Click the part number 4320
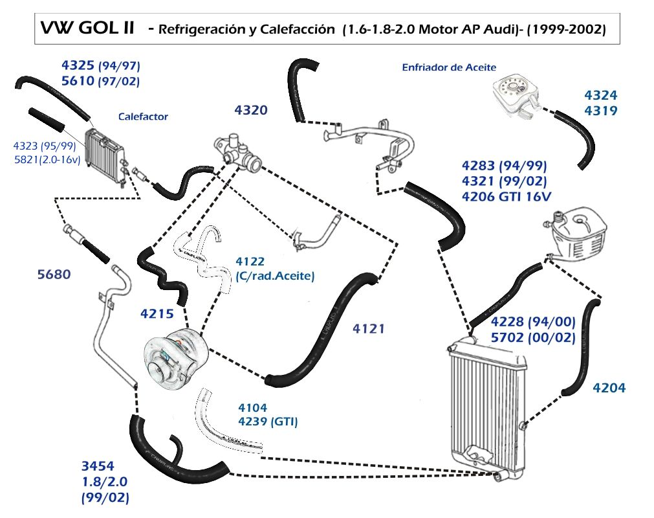[251, 110]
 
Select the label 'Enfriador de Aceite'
[449, 67]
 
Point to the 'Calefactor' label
[143, 117]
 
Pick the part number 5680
[54, 275]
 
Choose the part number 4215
[157, 313]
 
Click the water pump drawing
[175, 357]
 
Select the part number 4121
[368, 329]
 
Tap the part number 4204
[609, 388]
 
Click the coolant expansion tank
[578, 237]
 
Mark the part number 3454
[98, 466]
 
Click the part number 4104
[252, 407]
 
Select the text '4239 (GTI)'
[268, 421]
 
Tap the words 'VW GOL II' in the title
[87, 28]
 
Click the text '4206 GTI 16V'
[507, 196]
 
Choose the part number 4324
[600, 95]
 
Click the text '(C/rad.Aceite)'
[275, 276]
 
